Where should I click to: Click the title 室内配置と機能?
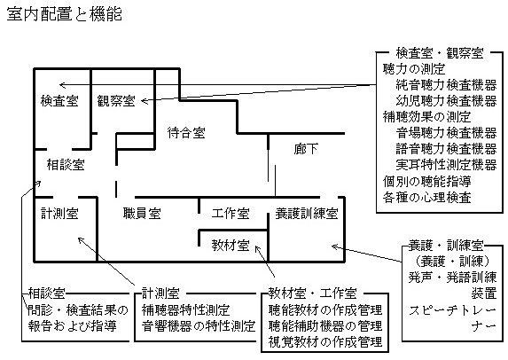coord(64,14)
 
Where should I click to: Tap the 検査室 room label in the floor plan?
coord(59,101)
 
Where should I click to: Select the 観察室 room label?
coord(116,101)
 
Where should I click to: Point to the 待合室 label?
coord(186,132)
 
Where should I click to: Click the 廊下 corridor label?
coord(306,149)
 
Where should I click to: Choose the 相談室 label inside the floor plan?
coord(66,165)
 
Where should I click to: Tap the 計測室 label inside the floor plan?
coord(59,213)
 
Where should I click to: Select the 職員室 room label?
coord(142,213)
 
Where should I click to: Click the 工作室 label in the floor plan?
coord(231,213)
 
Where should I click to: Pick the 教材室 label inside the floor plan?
coord(231,246)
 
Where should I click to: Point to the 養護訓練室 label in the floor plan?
coord(307,213)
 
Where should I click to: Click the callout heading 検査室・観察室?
coord(440,53)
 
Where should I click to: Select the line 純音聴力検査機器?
coord(446,85)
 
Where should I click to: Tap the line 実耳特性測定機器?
coord(446,165)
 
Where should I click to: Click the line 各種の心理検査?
coord(427,197)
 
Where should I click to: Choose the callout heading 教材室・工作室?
coord(313,293)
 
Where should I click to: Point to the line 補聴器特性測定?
coord(186,309)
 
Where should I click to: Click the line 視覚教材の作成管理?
coord(325,341)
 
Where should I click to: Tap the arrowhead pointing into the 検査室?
coord(60,85)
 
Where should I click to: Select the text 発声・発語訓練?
coord(453,278)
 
